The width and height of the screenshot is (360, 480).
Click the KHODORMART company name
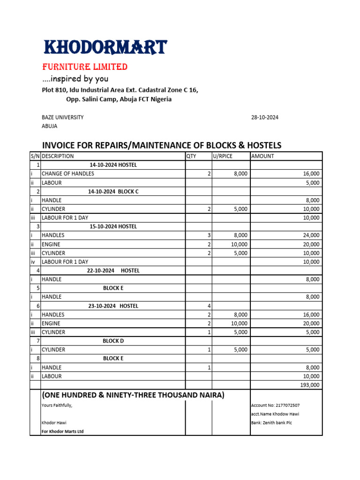coord(105,47)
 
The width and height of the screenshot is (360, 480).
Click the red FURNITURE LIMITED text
coord(85,67)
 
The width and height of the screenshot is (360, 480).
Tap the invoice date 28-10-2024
coord(265,118)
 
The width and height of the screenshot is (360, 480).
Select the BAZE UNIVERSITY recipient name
coord(63,118)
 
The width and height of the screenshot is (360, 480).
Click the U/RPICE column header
coord(223,156)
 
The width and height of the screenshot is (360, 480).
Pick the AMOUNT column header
coord(263,156)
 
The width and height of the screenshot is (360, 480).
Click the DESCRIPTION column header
coord(58,156)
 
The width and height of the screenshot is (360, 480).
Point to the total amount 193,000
coord(310,385)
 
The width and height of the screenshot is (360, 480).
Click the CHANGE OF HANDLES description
coord(68,174)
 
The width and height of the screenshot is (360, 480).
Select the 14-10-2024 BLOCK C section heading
coord(113,191)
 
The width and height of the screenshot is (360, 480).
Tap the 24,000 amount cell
coord(311,235)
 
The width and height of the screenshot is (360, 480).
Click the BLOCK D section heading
coord(113,341)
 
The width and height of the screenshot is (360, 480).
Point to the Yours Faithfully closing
coord(57,405)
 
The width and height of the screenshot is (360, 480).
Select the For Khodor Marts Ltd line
coord(63,432)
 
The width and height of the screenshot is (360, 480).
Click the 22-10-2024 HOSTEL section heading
coord(113,271)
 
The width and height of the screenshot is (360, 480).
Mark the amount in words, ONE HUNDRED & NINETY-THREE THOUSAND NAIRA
coord(133,396)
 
